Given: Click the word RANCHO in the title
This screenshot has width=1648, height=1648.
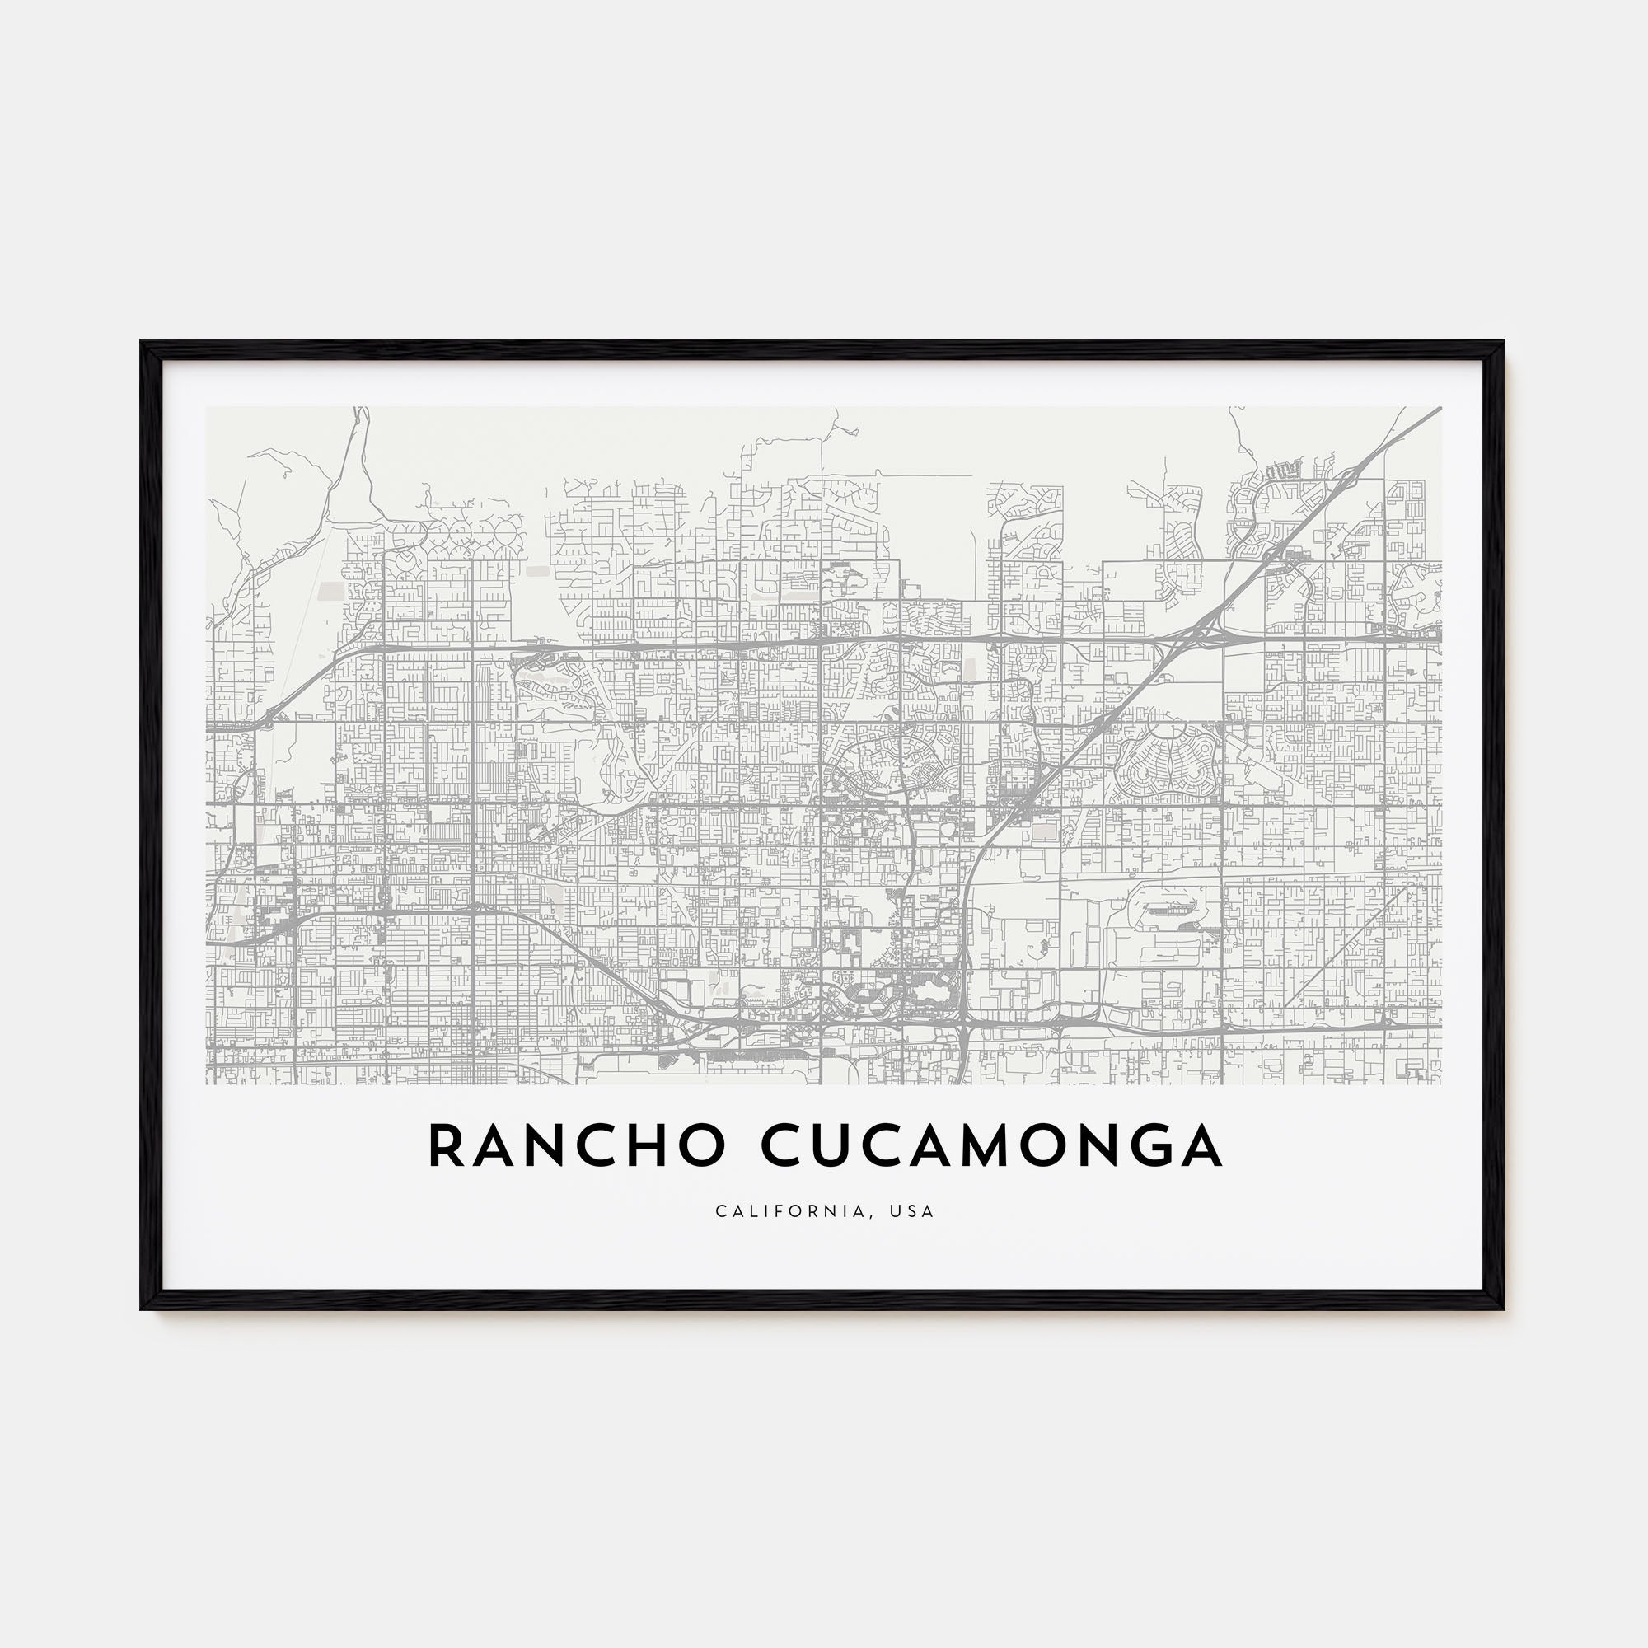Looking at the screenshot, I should point(576,1145).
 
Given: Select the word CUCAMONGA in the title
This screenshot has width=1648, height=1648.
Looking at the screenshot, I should point(991,1145).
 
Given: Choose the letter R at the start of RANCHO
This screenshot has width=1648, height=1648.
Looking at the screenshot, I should point(445,1145).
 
